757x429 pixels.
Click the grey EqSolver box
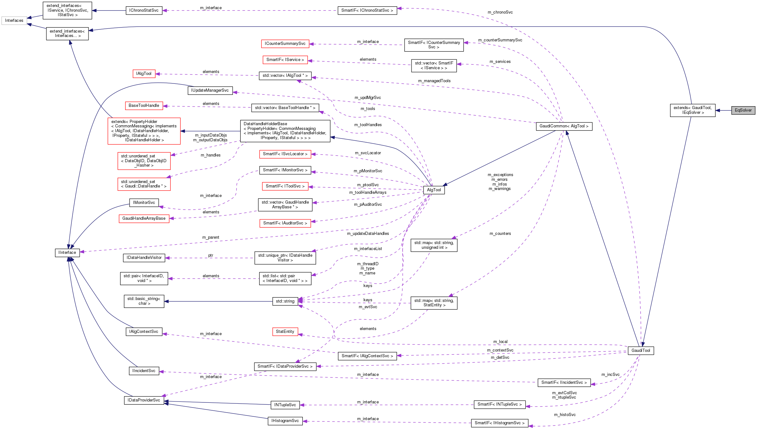point(743,110)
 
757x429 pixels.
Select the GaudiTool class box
point(641,351)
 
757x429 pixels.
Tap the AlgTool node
point(434,190)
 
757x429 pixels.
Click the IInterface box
point(67,253)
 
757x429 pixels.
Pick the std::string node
point(285,301)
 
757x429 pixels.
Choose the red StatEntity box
point(285,332)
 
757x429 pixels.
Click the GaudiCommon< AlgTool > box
point(564,126)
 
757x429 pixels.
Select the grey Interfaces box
point(14,21)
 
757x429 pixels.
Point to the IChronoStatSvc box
point(144,10)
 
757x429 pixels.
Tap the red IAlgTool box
point(144,74)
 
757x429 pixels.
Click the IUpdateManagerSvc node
point(210,90)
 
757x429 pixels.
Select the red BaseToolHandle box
point(144,106)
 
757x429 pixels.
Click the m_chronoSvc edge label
point(500,12)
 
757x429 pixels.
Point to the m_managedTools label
point(434,81)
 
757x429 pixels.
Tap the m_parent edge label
point(211,237)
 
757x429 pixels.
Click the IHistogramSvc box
point(285,421)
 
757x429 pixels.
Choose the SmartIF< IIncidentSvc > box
point(564,383)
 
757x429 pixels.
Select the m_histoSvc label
point(565,415)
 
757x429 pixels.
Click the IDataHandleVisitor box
point(144,258)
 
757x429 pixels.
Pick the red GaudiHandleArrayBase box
point(144,218)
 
